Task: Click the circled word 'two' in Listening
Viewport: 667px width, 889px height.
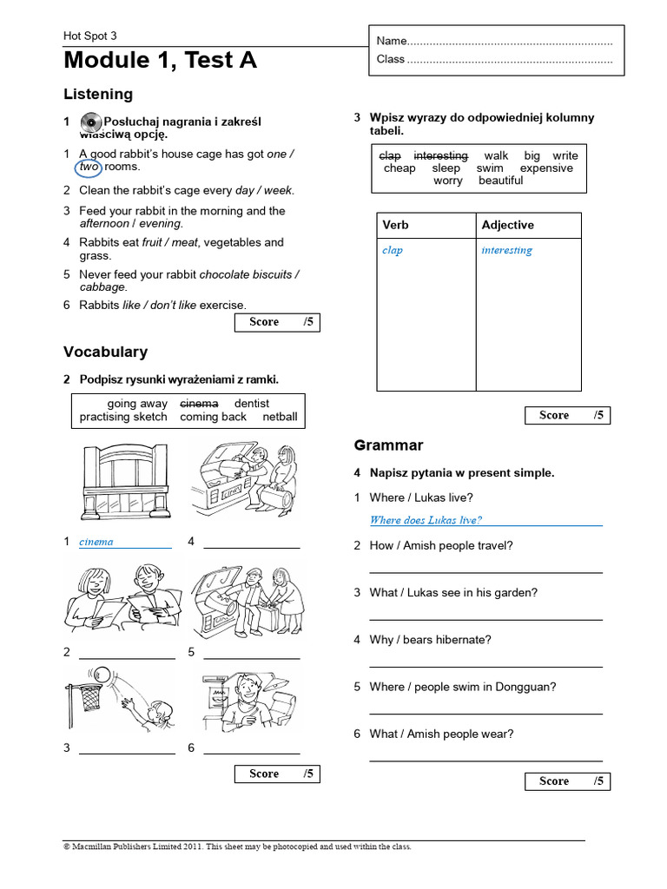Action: (x=77, y=167)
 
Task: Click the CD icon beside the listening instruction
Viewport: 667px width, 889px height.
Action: (x=90, y=122)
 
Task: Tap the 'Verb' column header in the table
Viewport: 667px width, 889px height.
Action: (x=395, y=225)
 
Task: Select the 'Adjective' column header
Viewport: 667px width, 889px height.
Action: (x=507, y=225)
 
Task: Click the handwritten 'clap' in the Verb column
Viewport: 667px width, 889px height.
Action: (x=393, y=251)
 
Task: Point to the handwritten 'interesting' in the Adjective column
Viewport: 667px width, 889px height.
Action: (x=506, y=251)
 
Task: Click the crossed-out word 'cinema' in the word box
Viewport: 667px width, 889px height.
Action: (x=199, y=404)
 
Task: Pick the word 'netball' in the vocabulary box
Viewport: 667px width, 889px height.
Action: (x=280, y=417)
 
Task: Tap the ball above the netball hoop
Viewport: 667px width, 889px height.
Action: (x=102, y=674)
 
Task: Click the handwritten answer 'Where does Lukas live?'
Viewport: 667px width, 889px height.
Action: (x=426, y=520)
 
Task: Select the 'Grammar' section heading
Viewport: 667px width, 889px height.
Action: (x=388, y=445)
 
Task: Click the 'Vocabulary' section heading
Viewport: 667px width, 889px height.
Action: (x=105, y=352)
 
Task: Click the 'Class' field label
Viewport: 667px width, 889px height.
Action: (x=391, y=59)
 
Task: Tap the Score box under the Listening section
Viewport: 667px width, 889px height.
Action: (x=277, y=322)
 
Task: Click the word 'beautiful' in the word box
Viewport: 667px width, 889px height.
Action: (x=500, y=181)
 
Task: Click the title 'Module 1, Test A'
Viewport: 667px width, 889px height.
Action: (x=160, y=60)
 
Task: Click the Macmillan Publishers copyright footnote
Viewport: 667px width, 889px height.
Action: (x=237, y=846)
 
